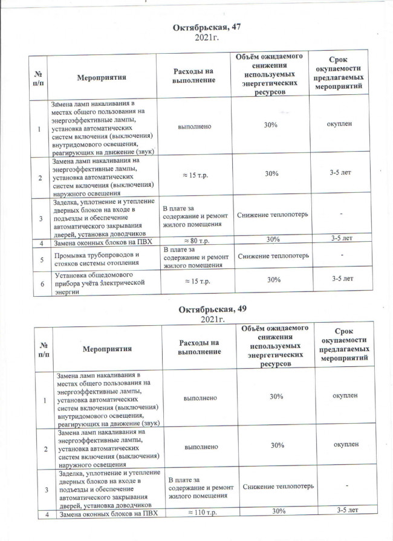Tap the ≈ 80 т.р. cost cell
tap(195, 239)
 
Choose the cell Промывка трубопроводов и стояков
tap(96, 258)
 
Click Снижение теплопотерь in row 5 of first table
tap(272, 256)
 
